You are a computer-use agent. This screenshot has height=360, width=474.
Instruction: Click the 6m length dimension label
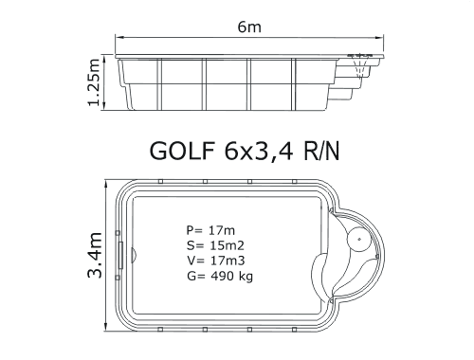pos(249,27)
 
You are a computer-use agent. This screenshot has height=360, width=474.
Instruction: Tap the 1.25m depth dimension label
pos(94,82)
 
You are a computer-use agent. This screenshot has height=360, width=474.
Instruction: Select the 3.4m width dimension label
pos(95,255)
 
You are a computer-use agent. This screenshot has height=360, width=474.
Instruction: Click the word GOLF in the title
pos(182,151)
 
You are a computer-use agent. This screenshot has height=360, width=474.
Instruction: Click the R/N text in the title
pos(321,151)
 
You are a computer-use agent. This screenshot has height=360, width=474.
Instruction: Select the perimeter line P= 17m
pos(210,230)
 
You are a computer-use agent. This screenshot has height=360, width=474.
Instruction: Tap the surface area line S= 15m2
pos(215,245)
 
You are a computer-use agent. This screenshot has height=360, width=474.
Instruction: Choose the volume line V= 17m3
pos(215,261)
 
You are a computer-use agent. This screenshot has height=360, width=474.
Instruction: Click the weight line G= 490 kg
pos(220,277)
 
